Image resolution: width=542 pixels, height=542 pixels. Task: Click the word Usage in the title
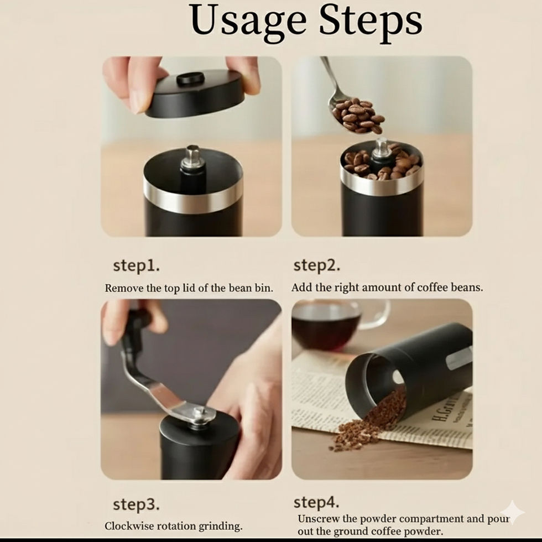click(x=248, y=22)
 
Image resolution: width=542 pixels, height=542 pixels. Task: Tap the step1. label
click(x=136, y=265)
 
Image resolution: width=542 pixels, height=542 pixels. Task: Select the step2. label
click(x=316, y=265)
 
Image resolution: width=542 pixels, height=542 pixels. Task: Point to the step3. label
click(x=136, y=505)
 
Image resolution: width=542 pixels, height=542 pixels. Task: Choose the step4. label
click(x=316, y=502)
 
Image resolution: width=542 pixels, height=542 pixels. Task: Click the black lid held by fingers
click(x=195, y=93)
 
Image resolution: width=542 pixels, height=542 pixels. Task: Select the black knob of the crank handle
click(x=135, y=331)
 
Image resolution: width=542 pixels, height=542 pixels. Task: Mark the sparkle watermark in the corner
click(x=513, y=512)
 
